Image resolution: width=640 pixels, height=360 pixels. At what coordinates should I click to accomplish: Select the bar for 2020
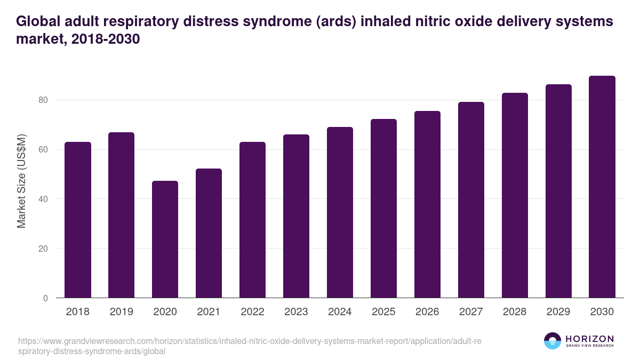165,239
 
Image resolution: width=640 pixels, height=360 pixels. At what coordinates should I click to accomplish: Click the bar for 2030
602,187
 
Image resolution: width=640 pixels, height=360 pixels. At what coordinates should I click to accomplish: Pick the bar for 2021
209,233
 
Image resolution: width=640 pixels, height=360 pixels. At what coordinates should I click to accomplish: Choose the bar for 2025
383,209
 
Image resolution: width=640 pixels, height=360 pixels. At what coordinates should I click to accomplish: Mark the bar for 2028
515,195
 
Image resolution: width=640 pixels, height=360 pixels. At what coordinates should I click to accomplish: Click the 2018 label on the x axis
77,312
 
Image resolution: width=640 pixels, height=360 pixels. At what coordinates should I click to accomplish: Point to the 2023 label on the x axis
296,312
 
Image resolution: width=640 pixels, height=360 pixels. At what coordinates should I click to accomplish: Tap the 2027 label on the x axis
471,312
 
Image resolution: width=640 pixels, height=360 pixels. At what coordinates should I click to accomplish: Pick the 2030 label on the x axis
602,312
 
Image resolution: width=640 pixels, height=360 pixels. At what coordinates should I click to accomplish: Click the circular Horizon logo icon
553,341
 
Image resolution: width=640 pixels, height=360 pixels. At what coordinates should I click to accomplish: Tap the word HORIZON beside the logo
589,339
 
